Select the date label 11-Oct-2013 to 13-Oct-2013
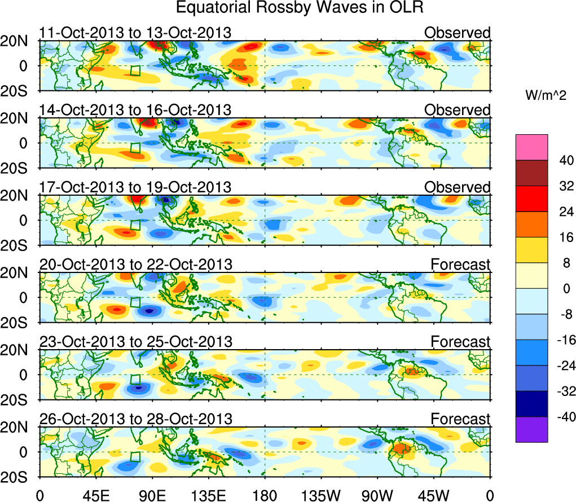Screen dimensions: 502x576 pos(135,33)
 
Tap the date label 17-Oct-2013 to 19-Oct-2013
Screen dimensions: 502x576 pos(135,187)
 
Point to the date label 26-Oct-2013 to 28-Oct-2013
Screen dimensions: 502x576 pos(135,419)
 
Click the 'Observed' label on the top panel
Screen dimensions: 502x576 pos(457,33)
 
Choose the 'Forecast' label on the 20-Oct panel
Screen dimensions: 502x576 pos(460,264)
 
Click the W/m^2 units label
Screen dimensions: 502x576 pos(545,95)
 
